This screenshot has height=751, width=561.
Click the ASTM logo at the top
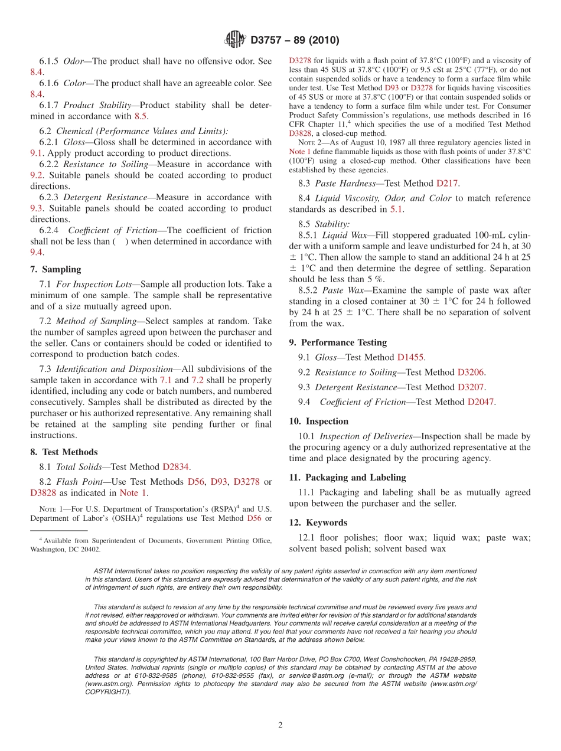pyautogui.click(x=234, y=40)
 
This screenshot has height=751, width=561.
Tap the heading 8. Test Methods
pyautogui.click(x=64, y=452)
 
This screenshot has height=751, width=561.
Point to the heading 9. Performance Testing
pyautogui.click(x=338, y=342)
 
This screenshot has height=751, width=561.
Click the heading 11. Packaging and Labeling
pyautogui.click(x=347, y=477)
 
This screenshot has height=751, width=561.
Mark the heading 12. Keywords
pyautogui.click(x=318, y=523)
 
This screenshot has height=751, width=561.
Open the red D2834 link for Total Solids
pyautogui.click(x=175, y=466)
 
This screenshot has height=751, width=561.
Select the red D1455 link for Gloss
pyautogui.click(x=410, y=357)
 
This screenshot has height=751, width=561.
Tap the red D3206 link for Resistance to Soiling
pyautogui.click(x=471, y=372)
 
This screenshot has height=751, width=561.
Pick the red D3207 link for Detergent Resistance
pyautogui.click(x=472, y=387)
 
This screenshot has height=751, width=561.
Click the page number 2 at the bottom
pyautogui.click(x=280, y=725)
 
